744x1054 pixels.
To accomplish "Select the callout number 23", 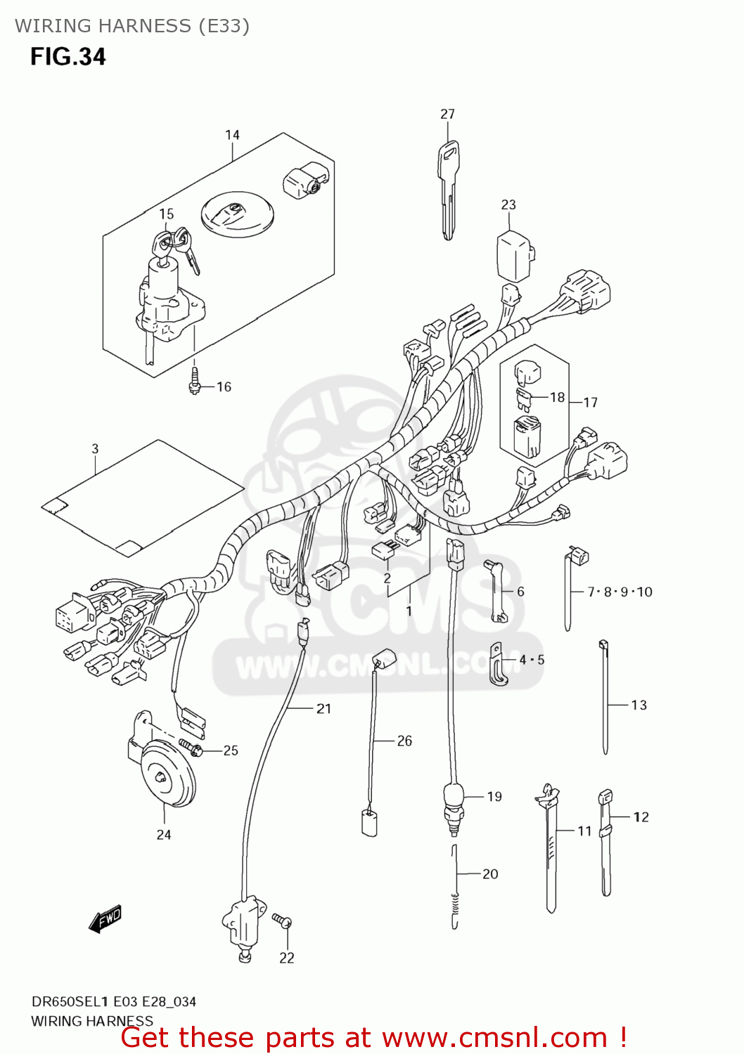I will pos(508,204).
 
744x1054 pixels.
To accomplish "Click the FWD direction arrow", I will pos(105,918).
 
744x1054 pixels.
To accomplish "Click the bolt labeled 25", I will pos(191,748).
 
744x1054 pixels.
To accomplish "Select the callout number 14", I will pos(232,135).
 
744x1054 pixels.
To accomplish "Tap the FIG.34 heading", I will pos(68,57).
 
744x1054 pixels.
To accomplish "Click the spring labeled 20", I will pos(455,889).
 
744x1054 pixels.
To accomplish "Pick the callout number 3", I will pos(95,448).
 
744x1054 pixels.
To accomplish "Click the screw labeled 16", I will pos(195,381).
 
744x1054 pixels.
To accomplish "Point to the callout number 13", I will pos(639,705).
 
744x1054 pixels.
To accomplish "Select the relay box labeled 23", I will pos(515,256).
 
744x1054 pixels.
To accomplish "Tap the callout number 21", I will pos(323,708).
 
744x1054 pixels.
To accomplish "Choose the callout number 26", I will pos(404,741).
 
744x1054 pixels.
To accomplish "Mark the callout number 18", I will pos(557,398).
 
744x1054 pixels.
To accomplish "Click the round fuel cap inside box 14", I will pos(237,214).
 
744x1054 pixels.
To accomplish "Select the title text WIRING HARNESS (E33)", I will pos(132,26).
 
